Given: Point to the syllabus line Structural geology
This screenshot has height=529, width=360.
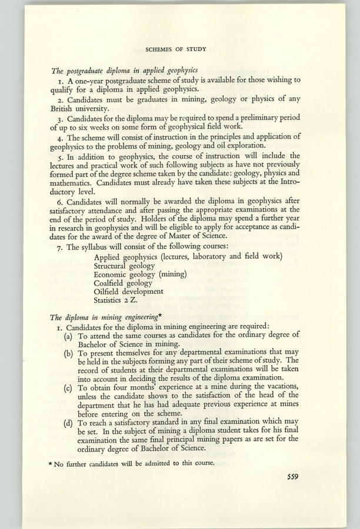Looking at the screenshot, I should tap(124, 265).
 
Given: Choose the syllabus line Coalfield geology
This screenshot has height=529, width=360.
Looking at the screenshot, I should tap(123, 283).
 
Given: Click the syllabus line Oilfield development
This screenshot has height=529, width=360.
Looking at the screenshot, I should tap(129, 291).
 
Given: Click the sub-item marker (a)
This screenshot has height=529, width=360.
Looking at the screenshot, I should tap(69, 335).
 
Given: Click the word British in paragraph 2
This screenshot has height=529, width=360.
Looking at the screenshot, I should tap(66, 109).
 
